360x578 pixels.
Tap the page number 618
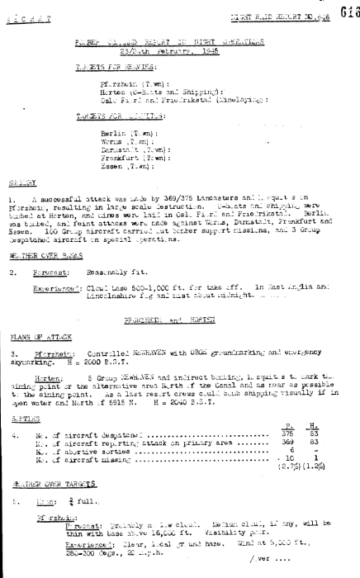[347, 10]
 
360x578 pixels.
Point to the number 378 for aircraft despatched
[289, 412]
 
